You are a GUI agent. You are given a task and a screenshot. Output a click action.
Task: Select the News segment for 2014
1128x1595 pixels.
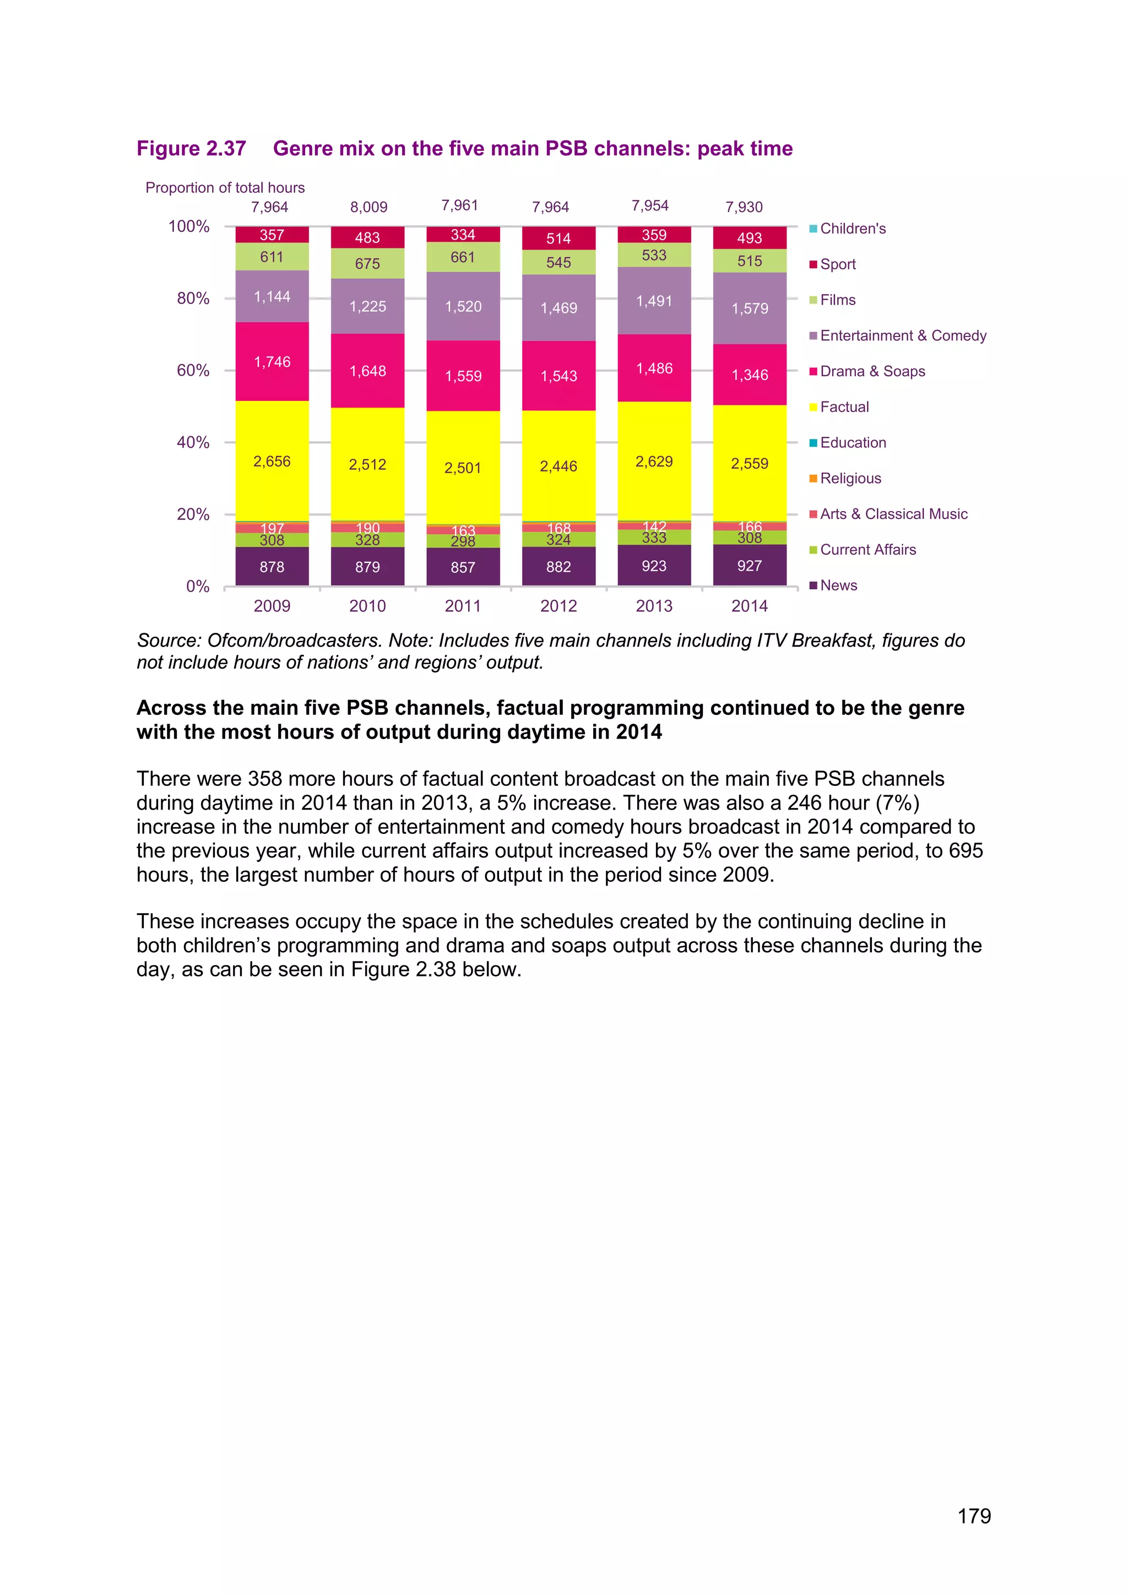[x=750, y=566]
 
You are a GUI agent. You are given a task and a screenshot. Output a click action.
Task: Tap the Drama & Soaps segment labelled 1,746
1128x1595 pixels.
[x=272, y=361]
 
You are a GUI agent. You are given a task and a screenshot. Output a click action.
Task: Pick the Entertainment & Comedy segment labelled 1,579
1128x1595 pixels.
[x=750, y=308]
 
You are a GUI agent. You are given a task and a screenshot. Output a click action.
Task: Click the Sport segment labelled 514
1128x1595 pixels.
[x=558, y=238]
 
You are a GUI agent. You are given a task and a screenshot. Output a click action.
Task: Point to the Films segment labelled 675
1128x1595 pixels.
[x=367, y=263]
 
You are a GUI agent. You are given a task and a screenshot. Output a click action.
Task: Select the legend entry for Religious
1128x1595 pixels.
[x=850, y=478]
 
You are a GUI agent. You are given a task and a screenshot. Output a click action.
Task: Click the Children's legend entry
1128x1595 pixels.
[x=852, y=229]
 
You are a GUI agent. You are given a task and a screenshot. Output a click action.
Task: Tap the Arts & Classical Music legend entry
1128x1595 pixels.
[x=893, y=514]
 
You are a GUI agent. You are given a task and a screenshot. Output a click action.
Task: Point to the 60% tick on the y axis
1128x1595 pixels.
[x=193, y=370]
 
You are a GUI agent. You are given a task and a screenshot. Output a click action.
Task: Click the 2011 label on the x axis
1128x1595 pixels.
[x=463, y=606]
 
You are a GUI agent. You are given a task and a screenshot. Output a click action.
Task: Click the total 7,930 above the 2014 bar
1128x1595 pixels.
[x=744, y=207]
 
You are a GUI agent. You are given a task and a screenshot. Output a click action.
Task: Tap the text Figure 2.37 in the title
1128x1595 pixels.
[x=191, y=149]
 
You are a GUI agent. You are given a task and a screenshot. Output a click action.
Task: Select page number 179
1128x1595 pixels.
[x=974, y=1516]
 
